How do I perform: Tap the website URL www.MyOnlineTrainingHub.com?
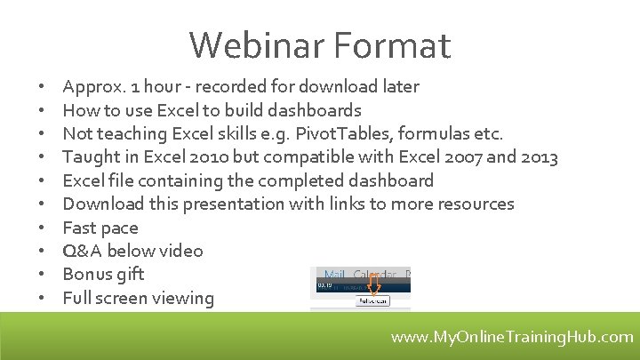click(513, 337)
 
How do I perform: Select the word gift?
click(130, 274)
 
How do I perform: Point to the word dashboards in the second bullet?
click(317, 110)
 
